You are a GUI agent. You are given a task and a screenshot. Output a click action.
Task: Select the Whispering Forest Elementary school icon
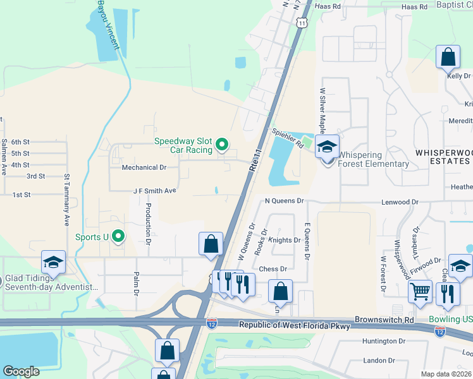coord(327,148)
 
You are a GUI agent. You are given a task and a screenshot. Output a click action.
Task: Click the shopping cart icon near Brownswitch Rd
coord(420,292)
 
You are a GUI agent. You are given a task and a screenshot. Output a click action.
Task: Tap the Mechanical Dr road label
coord(144,168)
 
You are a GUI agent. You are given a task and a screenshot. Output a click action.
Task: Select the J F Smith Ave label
coord(154,189)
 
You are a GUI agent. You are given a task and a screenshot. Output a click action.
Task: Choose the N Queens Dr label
coord(285,200)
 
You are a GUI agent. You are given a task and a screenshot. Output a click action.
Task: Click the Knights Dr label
coord(285,240)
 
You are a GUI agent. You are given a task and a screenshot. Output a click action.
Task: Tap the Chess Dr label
coord(273,268)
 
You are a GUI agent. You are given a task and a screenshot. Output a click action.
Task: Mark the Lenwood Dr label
coord(400,202)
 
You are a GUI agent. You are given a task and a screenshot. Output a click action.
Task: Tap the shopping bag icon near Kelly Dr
coord(448,57)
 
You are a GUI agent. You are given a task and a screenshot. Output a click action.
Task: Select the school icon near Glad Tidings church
coord(53,263)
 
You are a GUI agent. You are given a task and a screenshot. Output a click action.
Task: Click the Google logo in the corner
coord(21,371)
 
